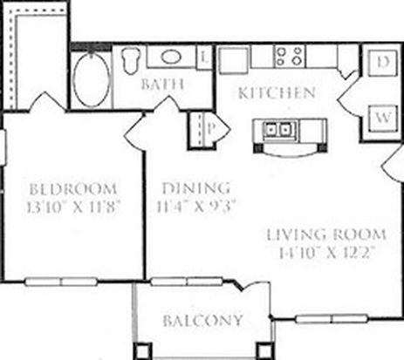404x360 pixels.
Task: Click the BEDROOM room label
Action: click(x=73, y=189)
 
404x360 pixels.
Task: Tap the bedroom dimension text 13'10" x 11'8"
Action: click(x=73, y=207)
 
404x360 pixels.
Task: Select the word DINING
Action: click(x=196, y=188)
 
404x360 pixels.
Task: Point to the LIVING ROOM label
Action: click(x=326, y=234)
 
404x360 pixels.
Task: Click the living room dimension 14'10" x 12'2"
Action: click(x=326, y=253)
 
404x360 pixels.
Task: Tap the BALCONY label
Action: click(x=202, y=321)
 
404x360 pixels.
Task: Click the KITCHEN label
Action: click(x=277, y=93)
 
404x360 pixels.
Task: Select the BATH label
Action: click(x=162, y=85)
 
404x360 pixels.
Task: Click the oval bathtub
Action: click(x=92, y=79)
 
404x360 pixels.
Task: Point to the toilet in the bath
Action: click(x=130, y=60)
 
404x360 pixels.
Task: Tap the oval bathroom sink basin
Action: click(x=171, y=57)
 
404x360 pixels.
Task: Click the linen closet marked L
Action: click(x=204, y=58)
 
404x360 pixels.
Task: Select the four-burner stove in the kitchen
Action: click(x=290, y=56)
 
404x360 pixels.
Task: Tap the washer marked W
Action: click(x=383, y=119)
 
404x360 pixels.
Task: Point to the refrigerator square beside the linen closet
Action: click(x=234, y=60)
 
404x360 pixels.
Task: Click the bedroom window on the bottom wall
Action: click(x=60, y=282)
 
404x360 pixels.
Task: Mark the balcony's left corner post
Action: click(x=142, y=351)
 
